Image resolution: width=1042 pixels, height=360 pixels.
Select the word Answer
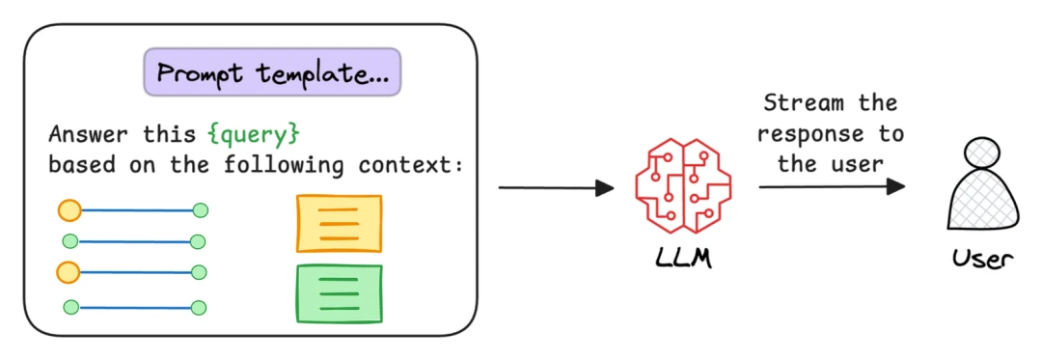pos(89,133)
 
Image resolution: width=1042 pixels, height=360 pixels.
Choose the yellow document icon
pos(339,223)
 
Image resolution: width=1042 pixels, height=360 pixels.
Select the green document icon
pos(339,293)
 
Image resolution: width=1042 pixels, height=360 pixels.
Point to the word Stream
pos(797,103)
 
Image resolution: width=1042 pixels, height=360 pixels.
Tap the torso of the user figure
pos(981,205)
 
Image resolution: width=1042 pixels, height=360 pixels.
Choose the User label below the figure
pos(981,258)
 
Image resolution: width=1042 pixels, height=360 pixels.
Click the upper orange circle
pos(69,208)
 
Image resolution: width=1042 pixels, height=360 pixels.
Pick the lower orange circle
pos(68,272)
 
